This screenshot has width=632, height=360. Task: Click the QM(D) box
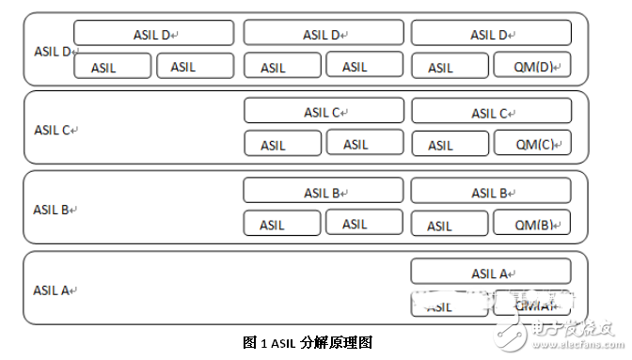tap(532, 66)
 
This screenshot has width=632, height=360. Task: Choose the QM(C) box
tap(532, 144)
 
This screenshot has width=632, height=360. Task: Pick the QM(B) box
tap(532, 224)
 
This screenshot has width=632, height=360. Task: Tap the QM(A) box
tap(532, 305)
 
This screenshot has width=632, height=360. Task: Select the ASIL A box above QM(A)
tap(491, 274)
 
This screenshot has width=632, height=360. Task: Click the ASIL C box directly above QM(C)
tap(491, 113)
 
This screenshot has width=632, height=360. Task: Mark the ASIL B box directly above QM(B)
tap(491, 193)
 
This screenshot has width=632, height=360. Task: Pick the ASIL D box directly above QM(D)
tap(491, 34)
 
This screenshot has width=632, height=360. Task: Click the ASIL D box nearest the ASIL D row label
tap(152, 34)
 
